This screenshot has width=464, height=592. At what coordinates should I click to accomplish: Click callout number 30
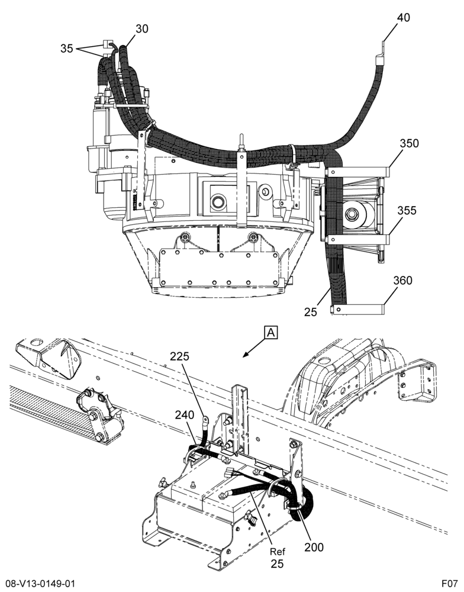tap(141, 28)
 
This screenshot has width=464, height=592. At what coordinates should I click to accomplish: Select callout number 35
tap(67, 49)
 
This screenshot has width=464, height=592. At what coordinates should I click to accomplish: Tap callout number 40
tap(403, 17)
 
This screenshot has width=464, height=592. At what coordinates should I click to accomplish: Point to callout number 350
tap(410, 143)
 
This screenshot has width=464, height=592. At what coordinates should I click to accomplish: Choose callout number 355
tap(407, 210)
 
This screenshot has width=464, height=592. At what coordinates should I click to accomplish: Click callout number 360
tap(402, 281)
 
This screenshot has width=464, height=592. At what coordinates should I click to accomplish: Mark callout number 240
tap(184, 415)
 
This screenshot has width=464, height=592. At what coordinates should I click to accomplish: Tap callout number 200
tap(314, 547)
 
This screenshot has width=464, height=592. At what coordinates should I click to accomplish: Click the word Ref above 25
tap(278, 552)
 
